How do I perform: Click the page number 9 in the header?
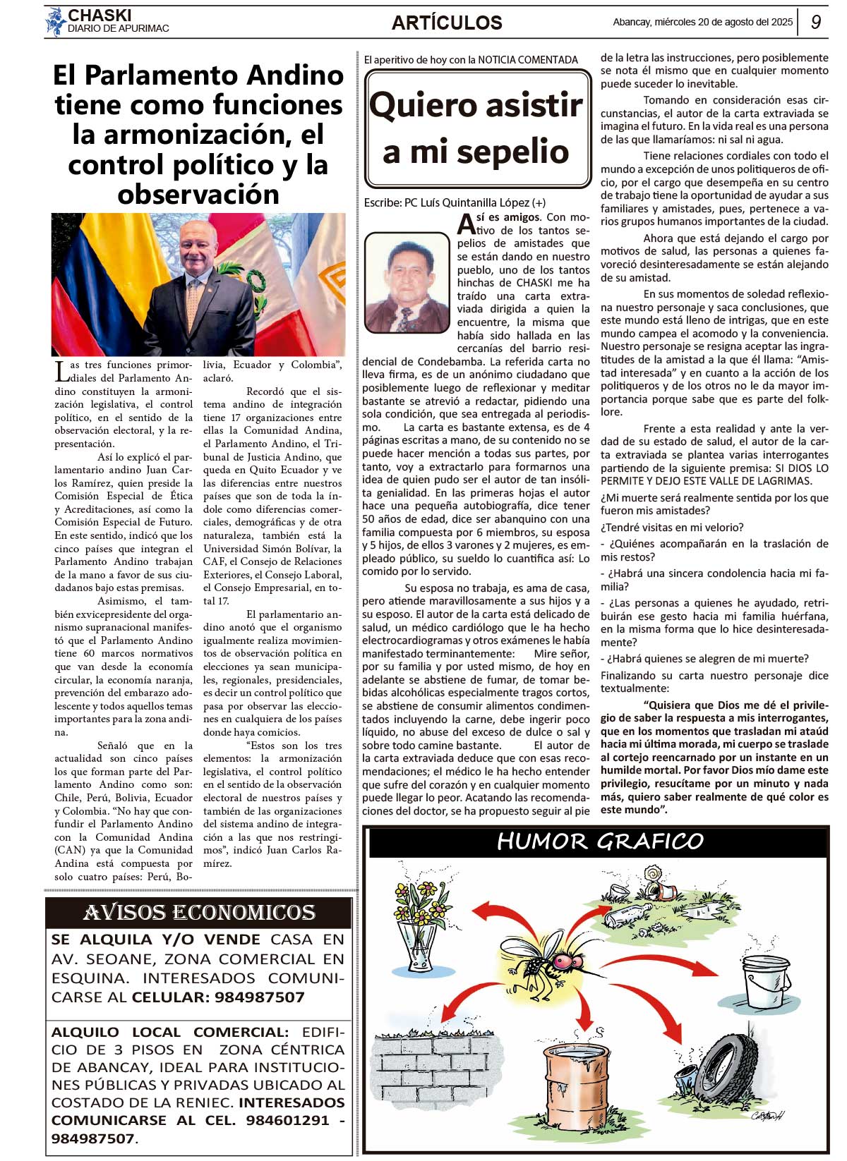coord(816,22)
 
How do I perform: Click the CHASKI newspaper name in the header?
coord(100,15)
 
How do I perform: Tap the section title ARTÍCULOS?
coord(447,23)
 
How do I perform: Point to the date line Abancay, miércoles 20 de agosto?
coord(702,22)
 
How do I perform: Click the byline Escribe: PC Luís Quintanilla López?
coord(455,202)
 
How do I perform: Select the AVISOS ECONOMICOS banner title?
coord(199,913)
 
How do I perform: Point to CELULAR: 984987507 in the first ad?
coord(218,997)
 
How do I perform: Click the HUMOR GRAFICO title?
coord(600,841)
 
